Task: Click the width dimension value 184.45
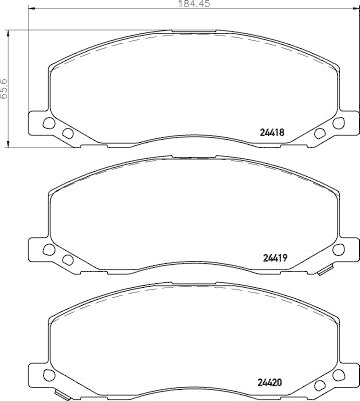193,4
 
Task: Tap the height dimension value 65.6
4,89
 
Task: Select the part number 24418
272,133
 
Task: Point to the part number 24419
274,258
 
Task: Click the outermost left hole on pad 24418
48,123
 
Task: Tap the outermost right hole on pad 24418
339,123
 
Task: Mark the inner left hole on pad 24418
67,133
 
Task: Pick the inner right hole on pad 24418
319,133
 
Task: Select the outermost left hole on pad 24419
48,249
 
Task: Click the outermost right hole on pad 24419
339,249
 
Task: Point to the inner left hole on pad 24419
67,259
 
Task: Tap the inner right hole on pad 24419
319,259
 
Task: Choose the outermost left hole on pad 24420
48,374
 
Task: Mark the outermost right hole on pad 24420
339,374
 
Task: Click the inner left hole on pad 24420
67,384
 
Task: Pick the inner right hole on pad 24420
319,384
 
